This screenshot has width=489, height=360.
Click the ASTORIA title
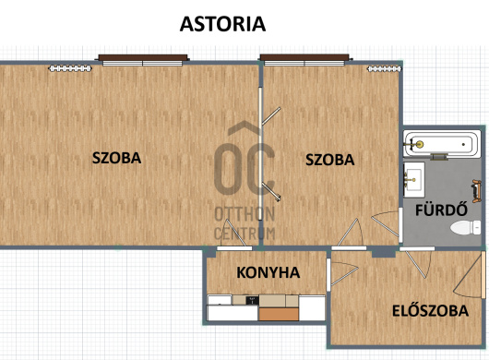point(222,24)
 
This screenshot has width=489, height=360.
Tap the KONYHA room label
point(268,272)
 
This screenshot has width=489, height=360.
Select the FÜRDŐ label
point(441,210)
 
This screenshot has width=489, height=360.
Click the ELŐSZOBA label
point(430,310)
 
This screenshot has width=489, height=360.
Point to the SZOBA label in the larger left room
point(116,158)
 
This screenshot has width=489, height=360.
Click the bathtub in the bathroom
point(442,144)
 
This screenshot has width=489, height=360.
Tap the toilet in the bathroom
point(466,227)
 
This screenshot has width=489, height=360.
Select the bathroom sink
point(414,180)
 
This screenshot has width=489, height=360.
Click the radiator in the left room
point(70,68)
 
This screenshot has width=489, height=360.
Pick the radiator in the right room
point(384,69)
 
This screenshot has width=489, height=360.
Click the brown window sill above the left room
point(143,57)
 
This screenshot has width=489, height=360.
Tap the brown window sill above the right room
point(304,57)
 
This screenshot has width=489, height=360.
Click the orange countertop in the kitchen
point(279,314)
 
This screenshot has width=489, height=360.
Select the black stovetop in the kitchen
point(252,300)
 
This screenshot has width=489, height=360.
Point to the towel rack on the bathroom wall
point(476,191)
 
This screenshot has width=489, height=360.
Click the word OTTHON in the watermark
point(244,214)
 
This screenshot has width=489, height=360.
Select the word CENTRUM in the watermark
point(244,234)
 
